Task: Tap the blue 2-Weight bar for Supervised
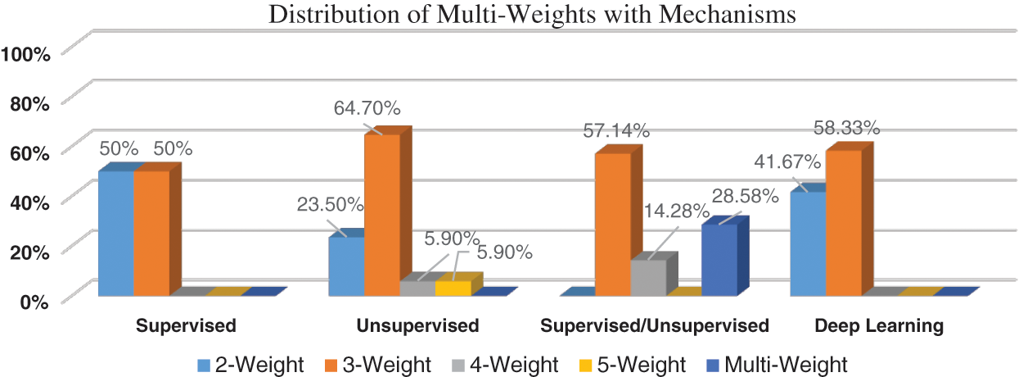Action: coord(115,234)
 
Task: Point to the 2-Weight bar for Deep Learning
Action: coord(808,243)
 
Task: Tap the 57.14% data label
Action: coord(617,129)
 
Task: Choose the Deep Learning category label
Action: coord(879,326)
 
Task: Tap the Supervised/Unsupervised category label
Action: coord(656,326)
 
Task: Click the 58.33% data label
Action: coord(846,128)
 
